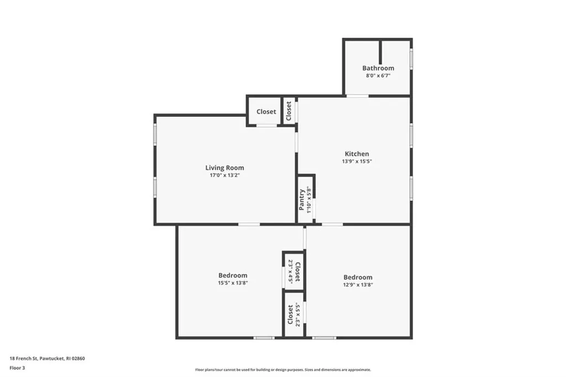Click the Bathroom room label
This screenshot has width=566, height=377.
[x=378, y=68]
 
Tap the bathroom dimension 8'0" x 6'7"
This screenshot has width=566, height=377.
[x=378, y=76]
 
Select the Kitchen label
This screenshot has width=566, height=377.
[x=357, y=153]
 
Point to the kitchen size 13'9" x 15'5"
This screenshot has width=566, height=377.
[x=357, y=162]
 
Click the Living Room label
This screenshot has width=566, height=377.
[x=224, y=168]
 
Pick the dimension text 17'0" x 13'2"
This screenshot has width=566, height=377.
[x=224, y=175]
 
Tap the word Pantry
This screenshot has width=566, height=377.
[x=302, y=199]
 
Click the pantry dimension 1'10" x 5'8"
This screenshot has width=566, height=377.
[x=308, y=199]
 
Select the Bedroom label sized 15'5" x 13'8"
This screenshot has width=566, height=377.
[x=233, y=276]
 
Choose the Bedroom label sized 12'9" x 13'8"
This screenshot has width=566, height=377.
[x=358, y=277]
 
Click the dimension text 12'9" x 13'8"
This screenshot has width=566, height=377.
[x=358, y=285]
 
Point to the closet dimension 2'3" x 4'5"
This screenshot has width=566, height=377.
[x=290, y=271]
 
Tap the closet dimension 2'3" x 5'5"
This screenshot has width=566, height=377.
[x=297, y=314]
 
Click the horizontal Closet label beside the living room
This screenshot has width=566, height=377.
[x=266, y=112]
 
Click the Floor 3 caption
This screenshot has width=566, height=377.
[x=17, y=368]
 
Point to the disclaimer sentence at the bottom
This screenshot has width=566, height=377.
[x=283, y=370]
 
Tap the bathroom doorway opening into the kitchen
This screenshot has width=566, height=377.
[x=358, y=96]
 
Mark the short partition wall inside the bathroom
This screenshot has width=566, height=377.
[x=380, y=52]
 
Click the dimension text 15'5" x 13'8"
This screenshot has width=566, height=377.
[x=233, y=283]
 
